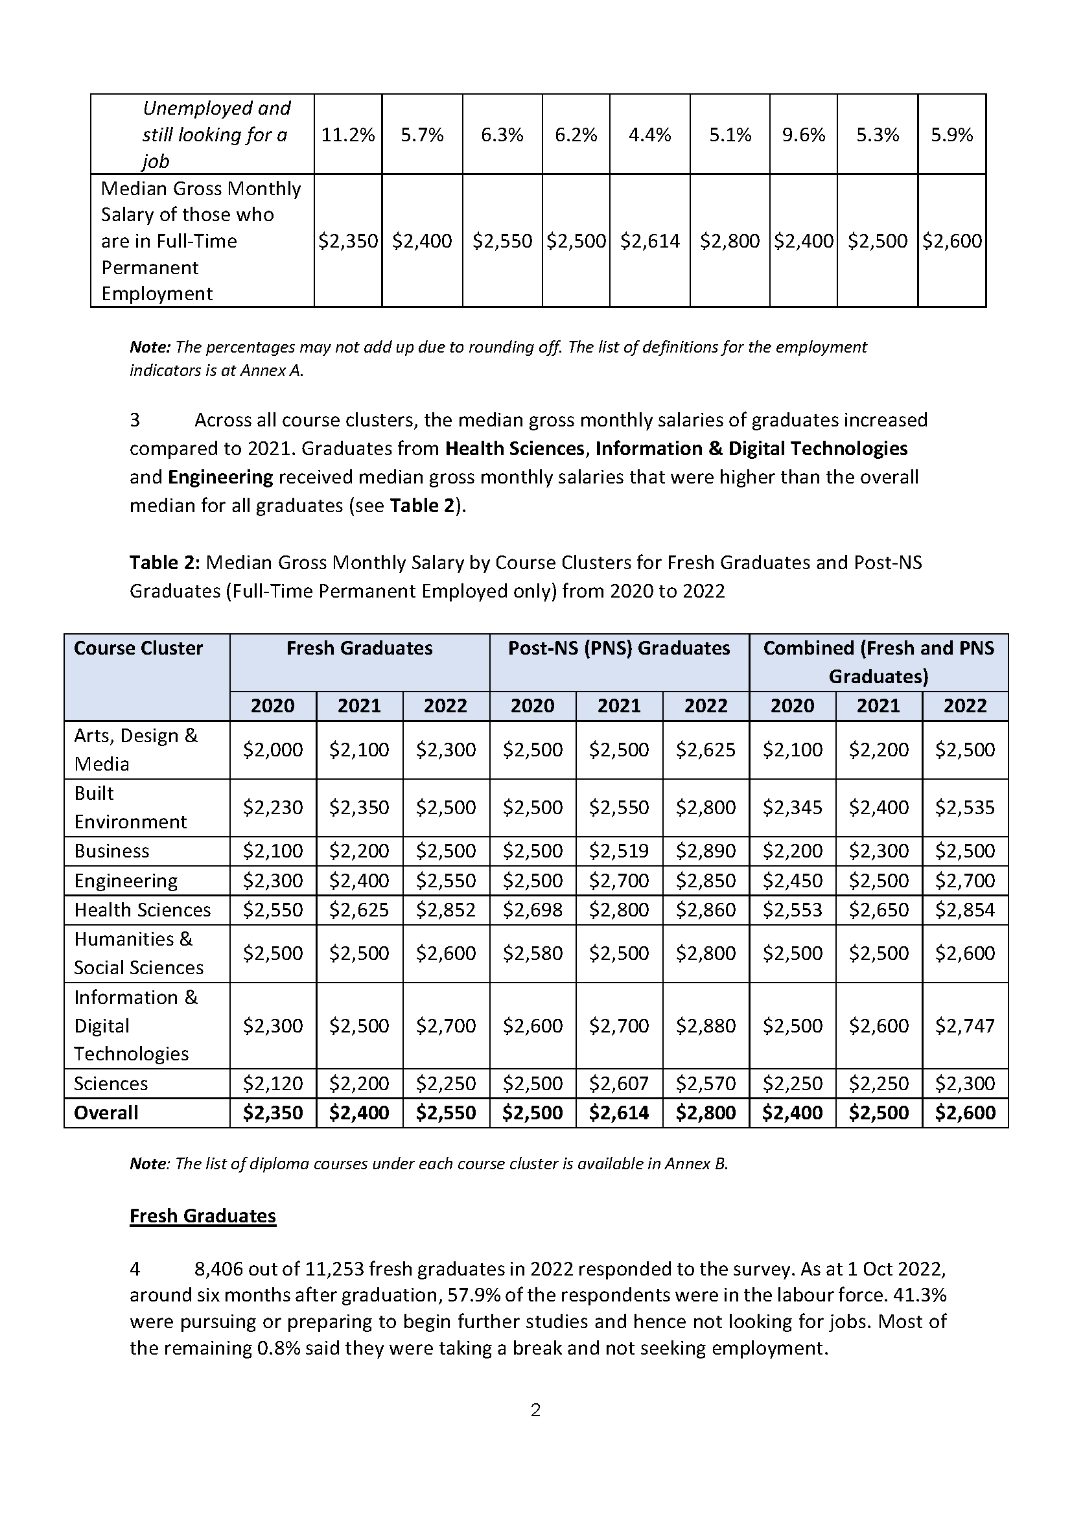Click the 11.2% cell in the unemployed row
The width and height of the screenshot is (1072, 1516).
(348, 135)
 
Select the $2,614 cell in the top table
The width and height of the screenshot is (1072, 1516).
(649, 241)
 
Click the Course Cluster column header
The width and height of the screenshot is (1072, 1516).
(139, 647)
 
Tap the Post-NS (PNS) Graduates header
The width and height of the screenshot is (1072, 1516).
(618, 647)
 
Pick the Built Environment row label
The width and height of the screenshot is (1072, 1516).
(130, 807)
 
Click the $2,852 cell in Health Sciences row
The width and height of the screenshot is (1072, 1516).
(445, 909)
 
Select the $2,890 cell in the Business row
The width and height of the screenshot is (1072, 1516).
(705, 850)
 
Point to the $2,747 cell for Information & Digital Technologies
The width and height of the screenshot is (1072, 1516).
(964, 1025)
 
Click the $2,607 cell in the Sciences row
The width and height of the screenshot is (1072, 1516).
(618, 1083)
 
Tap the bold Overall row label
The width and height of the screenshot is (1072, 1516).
(106, 1113)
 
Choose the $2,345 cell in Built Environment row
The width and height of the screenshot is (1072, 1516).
(792, 807)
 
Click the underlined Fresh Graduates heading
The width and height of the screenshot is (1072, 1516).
(203, 1215)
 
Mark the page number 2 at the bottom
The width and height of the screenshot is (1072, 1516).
(535, 1410)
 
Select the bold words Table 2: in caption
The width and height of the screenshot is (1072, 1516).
(165, 562)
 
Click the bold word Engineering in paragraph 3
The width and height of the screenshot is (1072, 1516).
(220, 477)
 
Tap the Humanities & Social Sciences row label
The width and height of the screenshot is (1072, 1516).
(139, 953)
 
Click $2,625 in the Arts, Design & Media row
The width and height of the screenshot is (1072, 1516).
(705, 749)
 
